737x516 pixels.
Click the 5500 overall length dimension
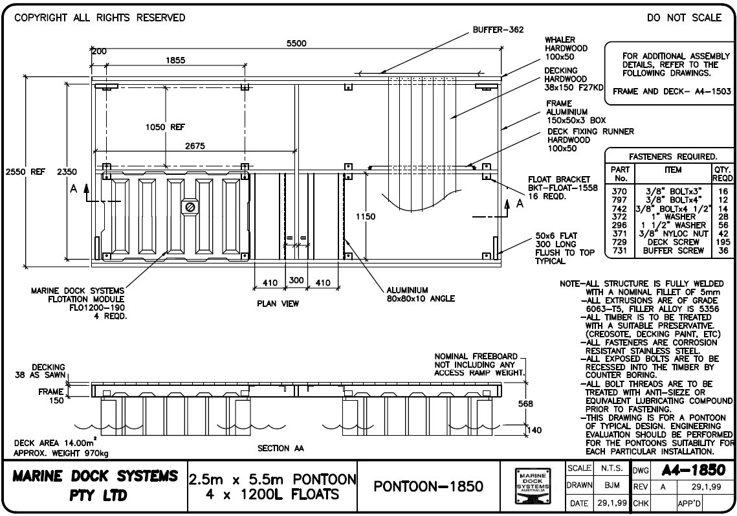point(296,44)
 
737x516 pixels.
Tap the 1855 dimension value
point(175,60)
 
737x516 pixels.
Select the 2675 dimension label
point(195,146)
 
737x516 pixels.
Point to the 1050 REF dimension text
point(165,128)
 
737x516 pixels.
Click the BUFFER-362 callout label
point(498,29)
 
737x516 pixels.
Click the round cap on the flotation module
point(190,207)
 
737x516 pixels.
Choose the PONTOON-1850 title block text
point(428,486)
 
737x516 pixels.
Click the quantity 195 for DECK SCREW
point(723,241)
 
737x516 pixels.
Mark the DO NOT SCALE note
point(684,18)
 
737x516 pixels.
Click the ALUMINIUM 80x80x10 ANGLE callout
point(421,294)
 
